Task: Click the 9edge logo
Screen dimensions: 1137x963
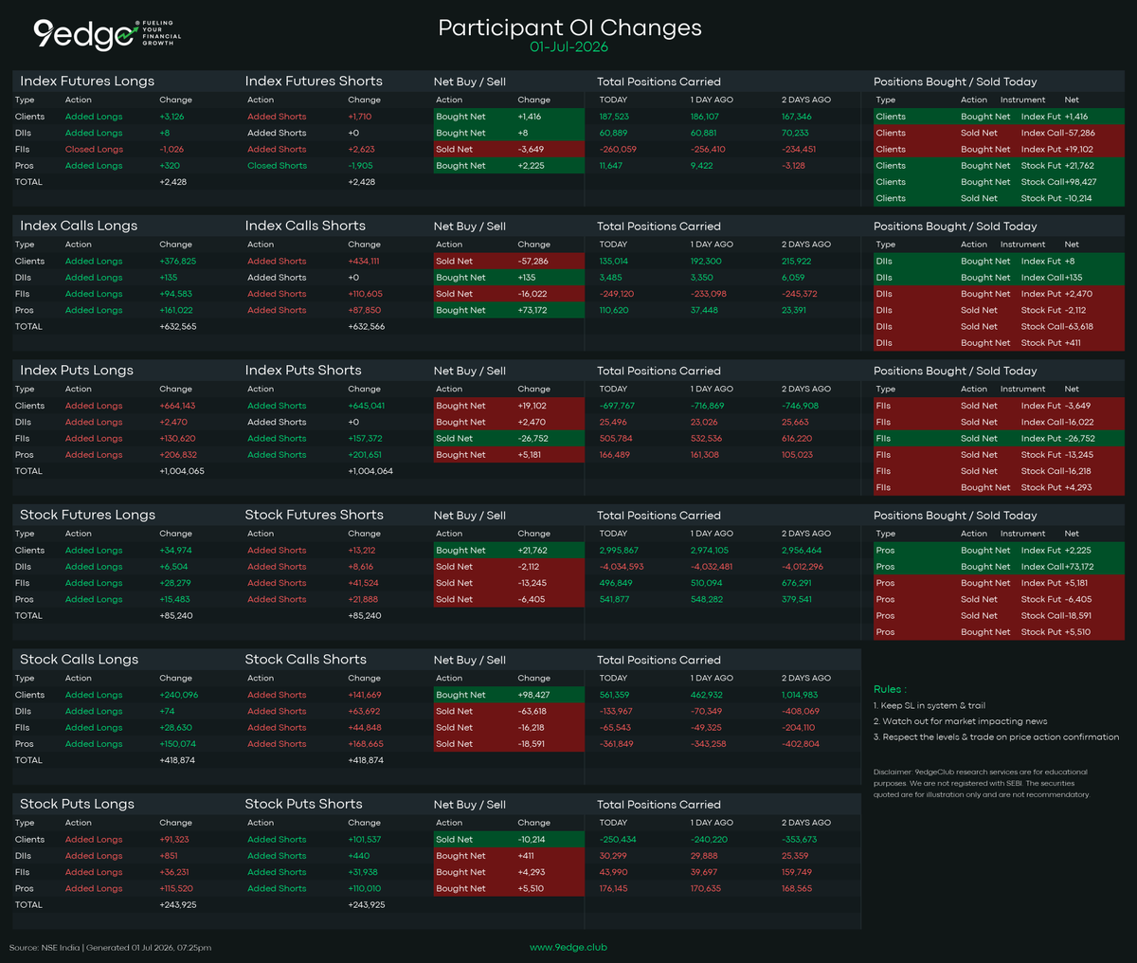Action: pos(107,34)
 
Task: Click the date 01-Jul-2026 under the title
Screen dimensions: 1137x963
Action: pos(568,47)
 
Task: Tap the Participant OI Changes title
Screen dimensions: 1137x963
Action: pos(569,27)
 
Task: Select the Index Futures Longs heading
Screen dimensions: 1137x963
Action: pos(87,81)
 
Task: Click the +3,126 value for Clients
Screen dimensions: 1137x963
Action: pos(171,117)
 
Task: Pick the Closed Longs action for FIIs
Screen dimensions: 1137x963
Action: pos(94,149)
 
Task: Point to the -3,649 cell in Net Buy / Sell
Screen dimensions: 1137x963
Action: pos(531,149)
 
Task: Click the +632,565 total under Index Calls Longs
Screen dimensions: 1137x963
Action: pos(178,326)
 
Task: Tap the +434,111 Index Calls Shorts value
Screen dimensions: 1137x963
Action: pos(364,261)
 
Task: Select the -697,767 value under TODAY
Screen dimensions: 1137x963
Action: pos(617,406)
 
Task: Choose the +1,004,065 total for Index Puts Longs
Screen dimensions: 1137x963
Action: pos(182,471)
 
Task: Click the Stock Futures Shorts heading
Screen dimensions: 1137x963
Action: pos(314,515)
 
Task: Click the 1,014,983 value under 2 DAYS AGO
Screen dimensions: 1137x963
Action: pos(800,695)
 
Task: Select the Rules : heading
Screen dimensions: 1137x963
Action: pos(890,689)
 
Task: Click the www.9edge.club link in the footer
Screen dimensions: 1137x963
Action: pos(568,947)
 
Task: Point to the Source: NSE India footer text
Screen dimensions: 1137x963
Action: pos(44,948)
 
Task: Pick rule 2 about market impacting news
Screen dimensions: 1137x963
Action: pos(960,721)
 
